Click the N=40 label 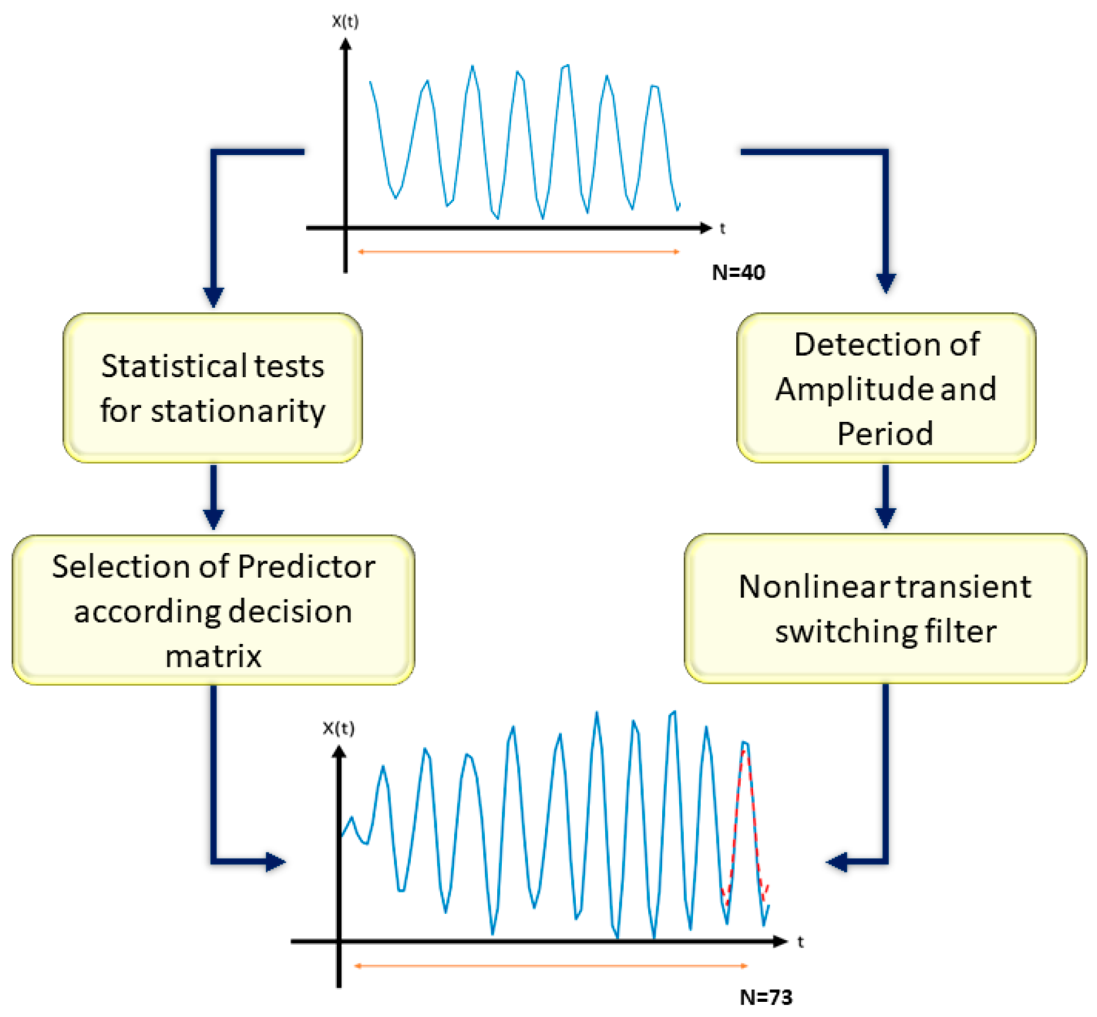[738, 273]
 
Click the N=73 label [766, 997]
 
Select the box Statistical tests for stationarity [213, 388]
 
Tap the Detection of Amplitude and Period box [885, 388]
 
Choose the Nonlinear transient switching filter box [885, 608]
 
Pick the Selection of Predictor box [213, 610]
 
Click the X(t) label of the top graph [345, 22]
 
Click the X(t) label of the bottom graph [338, 728]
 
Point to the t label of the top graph [723, 228]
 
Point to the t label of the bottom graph [800, 942]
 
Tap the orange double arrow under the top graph [519, 252]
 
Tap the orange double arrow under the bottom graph [551, 966]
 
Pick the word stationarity [238, 411]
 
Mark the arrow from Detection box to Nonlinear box [885, 497]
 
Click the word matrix [213, 656]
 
